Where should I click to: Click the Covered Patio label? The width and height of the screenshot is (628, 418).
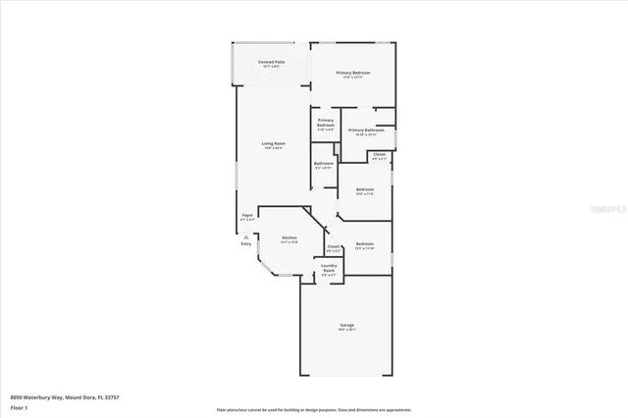pos(272,62)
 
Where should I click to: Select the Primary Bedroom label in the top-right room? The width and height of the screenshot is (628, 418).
pos(353,74)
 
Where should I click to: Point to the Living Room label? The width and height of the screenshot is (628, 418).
pos(272,145)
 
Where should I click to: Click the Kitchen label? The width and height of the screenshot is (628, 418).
pos(288,238)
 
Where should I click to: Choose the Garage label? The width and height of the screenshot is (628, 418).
pos(347,325)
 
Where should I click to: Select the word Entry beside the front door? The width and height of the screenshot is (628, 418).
pos(245,243)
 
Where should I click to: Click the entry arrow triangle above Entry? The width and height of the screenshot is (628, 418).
pos(246,235)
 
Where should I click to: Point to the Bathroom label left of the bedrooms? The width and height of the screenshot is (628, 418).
pos(324,164)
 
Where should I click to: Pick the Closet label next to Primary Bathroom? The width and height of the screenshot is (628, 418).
pos(380,154)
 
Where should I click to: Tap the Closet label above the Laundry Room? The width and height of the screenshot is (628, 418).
pos(334,247)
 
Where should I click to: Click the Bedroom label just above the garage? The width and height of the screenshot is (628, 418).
pos(364,244)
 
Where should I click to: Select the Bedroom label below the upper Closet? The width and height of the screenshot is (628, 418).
pos(364,189)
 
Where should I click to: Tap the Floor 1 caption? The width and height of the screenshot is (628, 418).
pos(19,406)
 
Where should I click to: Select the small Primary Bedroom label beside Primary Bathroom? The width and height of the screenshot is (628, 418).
pos(326,123)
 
